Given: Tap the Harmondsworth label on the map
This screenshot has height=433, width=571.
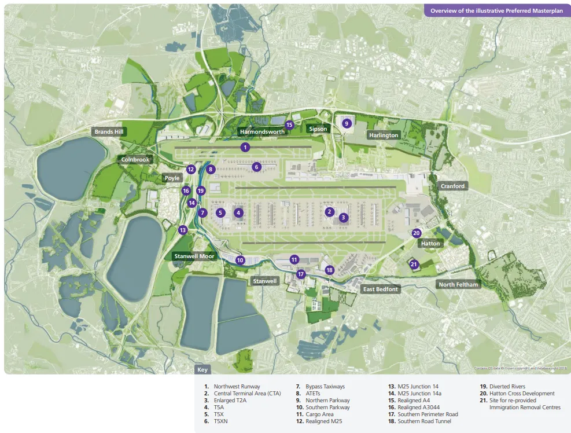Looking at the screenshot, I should pyautogui.click(x=262, y=132).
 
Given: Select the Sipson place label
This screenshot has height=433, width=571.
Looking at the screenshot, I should pyautogui.click(x=318, y=129).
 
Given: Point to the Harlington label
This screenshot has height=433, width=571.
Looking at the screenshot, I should pyautogui.click(x=384, y=135).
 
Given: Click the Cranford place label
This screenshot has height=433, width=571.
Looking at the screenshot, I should pyautogui.click(x=452, y=186).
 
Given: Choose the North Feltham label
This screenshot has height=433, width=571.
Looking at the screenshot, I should pyautogui.click(x=458, y=284).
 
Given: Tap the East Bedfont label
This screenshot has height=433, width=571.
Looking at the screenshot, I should pyautogui.click(x=380, y=289).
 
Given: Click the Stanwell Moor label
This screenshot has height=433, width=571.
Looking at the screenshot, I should pyautogui.click(x=196, y=255).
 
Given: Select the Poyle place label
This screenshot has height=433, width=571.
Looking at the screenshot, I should pyautogui.click(x=172, y=178).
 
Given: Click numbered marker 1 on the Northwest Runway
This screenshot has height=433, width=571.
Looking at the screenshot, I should pyautogui.click(x=245, y=148).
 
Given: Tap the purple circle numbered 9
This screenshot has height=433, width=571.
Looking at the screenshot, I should pyautogui.click(x=347, y=123).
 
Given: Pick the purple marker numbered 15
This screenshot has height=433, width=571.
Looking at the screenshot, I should pyautogui.click(x=290, y=124).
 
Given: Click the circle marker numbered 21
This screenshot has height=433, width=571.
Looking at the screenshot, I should pyautogui.click(x=414, y=265).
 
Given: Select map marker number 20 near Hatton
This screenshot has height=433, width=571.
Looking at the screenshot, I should pyautogui.click(x=417, y=233).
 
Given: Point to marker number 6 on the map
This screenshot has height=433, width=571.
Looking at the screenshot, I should pyautogui.click(x=257, y=167).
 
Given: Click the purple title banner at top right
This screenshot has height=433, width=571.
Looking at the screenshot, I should pyautogui.click(x=496, y=10).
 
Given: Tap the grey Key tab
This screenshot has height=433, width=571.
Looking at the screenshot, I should pyautogui.click(x=202, y=369).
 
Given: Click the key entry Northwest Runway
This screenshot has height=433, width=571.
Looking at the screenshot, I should pyautogui.click(x=237, y=387).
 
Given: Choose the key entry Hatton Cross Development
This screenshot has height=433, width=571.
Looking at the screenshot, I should pyautogui.click(x=522, y=394).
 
